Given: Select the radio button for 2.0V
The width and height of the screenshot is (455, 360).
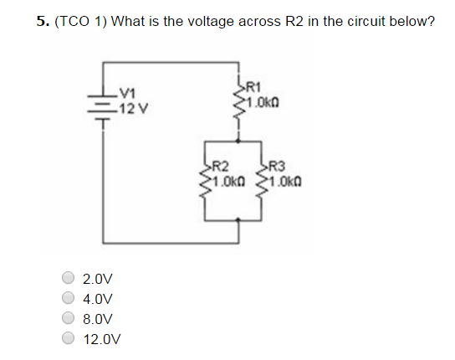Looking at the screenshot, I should coord(68,279).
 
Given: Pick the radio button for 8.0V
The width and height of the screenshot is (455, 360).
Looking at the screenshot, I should coord(68,319).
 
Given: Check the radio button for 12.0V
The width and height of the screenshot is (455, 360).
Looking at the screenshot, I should coord(68,339).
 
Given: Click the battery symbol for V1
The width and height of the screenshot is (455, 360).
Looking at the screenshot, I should coord(104,105).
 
